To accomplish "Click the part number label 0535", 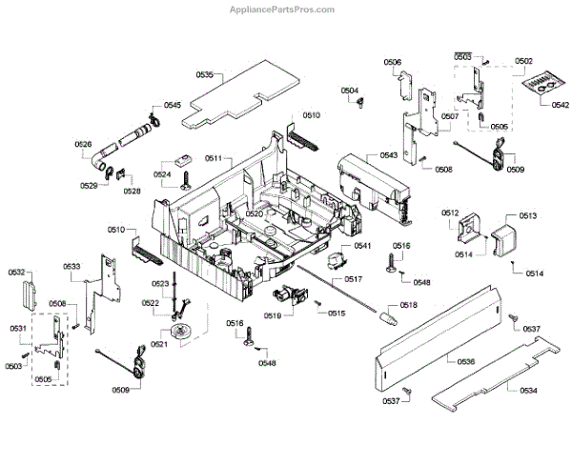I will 204,74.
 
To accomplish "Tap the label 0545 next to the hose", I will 172,105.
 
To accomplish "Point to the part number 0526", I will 84,144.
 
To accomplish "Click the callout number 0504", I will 350,91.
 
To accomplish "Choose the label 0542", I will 560,105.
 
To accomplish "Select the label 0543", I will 389,154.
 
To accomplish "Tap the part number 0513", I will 527,216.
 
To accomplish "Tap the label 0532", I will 17,273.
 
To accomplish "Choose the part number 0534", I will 527,391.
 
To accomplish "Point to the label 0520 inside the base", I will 254,214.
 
